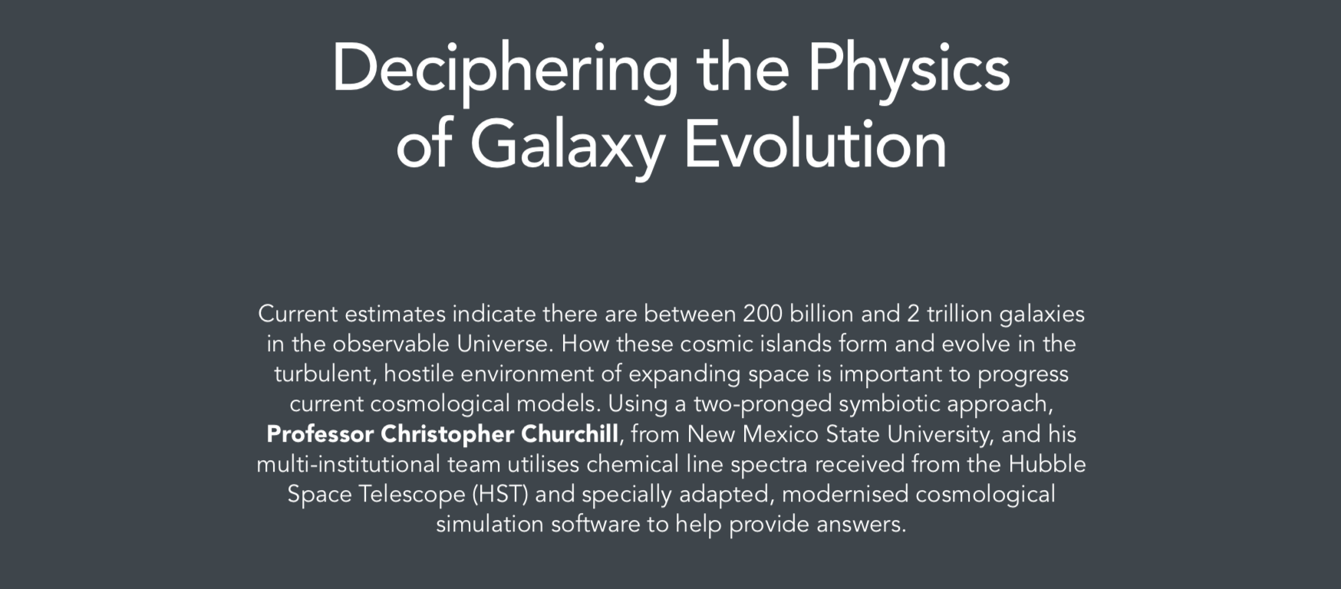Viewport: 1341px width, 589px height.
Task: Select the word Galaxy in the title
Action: coord(567,146)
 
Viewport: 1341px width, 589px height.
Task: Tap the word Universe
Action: coord(505,344)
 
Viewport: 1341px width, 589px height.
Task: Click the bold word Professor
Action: coord(320,434)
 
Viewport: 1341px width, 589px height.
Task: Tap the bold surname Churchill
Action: coord(569,434)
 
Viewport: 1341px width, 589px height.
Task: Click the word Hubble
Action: coord(1047,464)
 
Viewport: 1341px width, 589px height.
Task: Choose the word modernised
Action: coord(845,494)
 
